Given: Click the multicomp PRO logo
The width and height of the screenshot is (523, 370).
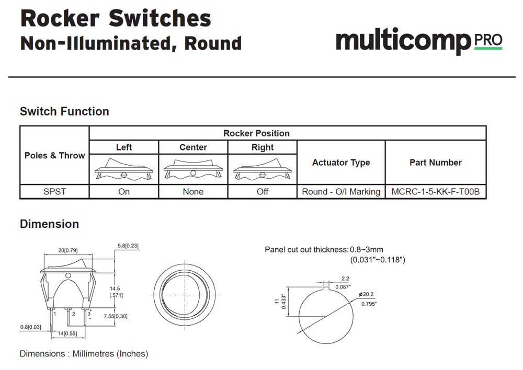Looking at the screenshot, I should point(418,40).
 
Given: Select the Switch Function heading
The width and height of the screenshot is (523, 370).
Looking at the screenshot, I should point(64,111).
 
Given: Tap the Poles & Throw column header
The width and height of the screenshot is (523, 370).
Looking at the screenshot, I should point(54,155).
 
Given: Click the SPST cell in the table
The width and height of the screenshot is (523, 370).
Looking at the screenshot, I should point(54,192).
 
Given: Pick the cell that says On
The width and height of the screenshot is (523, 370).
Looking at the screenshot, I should point(124,192).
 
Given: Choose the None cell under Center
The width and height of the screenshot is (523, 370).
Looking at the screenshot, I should point(193,192).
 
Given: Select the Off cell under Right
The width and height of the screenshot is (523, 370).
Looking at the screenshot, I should point(263,192).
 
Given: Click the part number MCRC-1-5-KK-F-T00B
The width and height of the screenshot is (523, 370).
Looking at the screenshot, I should point(435,192).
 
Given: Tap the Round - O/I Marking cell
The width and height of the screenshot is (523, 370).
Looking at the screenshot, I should point(341,192).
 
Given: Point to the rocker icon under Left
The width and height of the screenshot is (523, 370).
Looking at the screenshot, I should point(124,169).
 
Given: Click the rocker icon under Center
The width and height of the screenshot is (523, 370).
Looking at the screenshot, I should point(193,169).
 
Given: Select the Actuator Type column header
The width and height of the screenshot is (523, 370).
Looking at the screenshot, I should point(341,163).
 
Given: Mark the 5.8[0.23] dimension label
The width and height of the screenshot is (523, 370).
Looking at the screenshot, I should point(128,246).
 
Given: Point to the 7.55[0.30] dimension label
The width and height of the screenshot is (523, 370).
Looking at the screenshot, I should point(116,316).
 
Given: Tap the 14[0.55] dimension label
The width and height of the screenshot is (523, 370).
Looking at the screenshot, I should point(67,333).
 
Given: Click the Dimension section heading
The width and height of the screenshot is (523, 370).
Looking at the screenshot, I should point(49,224).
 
